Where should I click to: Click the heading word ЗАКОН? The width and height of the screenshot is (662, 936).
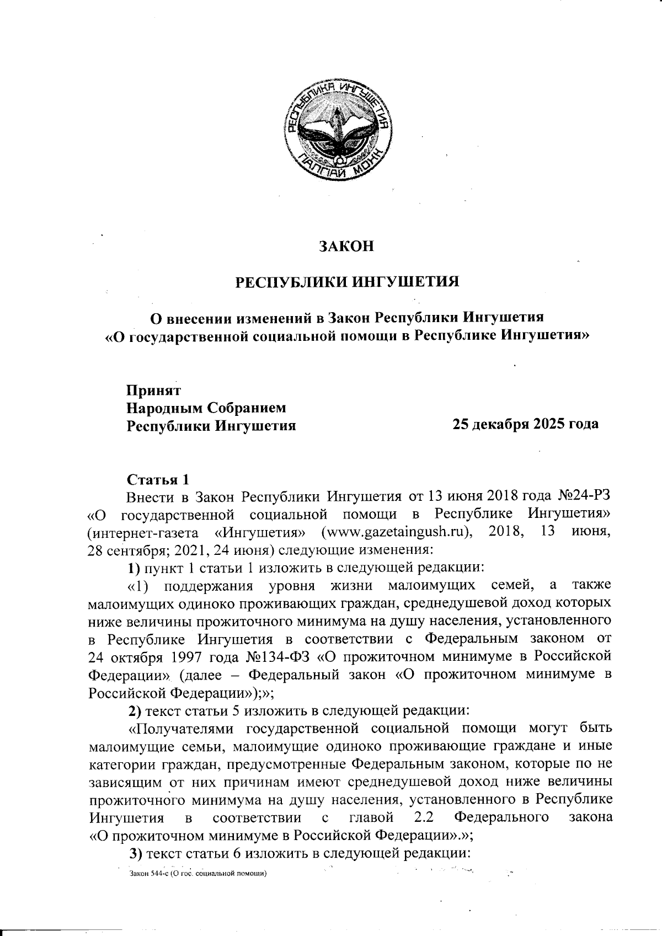347,246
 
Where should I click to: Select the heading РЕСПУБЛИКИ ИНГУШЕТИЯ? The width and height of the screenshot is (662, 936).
348,282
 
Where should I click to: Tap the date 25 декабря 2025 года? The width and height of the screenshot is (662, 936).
525,425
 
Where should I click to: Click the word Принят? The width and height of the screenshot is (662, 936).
154,390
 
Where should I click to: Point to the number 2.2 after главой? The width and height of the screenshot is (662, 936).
423,817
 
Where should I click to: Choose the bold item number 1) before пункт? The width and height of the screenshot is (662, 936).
135,567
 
